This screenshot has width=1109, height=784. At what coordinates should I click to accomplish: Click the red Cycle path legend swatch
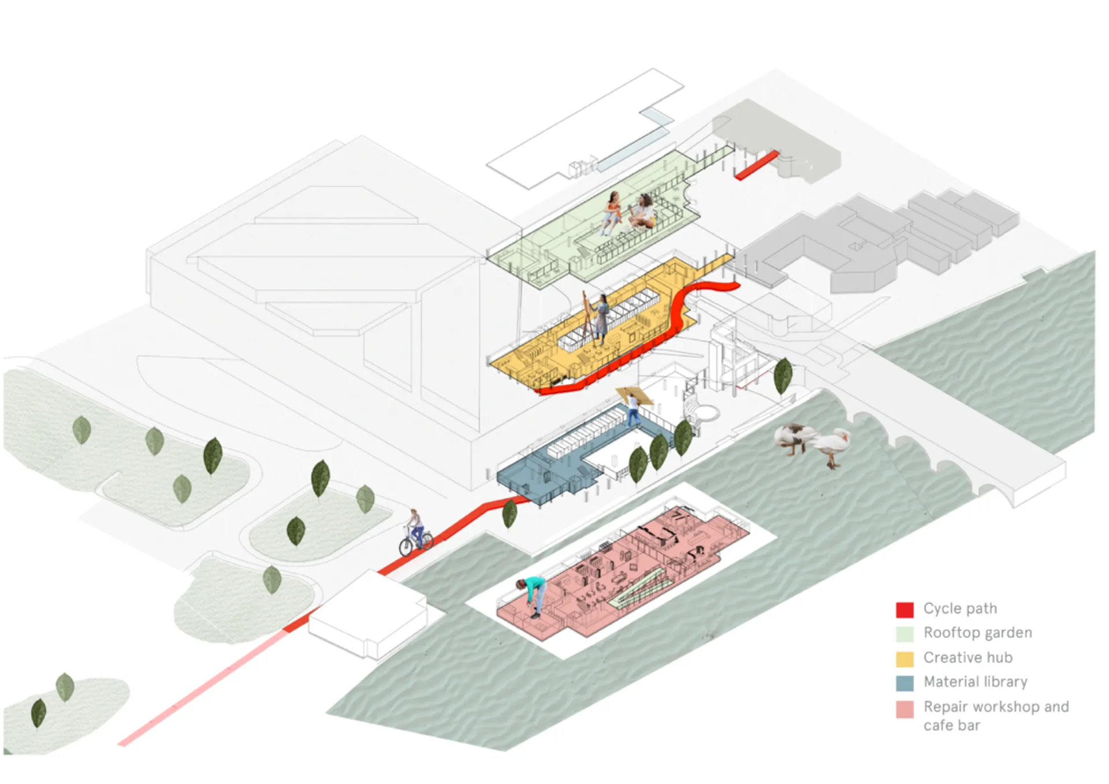tap(905, 610)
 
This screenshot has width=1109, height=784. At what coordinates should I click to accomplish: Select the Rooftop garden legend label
tap(977, 633)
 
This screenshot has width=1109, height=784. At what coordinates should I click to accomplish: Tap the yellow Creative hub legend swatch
tap(905, 659)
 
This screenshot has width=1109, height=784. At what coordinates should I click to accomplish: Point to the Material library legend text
tap(976, 682)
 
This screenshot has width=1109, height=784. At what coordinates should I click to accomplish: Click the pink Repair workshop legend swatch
tap(905, 709)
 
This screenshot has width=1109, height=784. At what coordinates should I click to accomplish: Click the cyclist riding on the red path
tap(415, 529)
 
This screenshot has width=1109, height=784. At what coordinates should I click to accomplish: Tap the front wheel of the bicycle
tap(407, 547)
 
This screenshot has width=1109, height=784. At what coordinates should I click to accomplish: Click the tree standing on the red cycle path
tap(509, 513)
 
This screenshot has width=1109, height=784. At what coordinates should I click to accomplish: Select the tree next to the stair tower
tap(783, 376)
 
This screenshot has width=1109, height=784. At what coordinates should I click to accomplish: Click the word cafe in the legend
tap(937, 726)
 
